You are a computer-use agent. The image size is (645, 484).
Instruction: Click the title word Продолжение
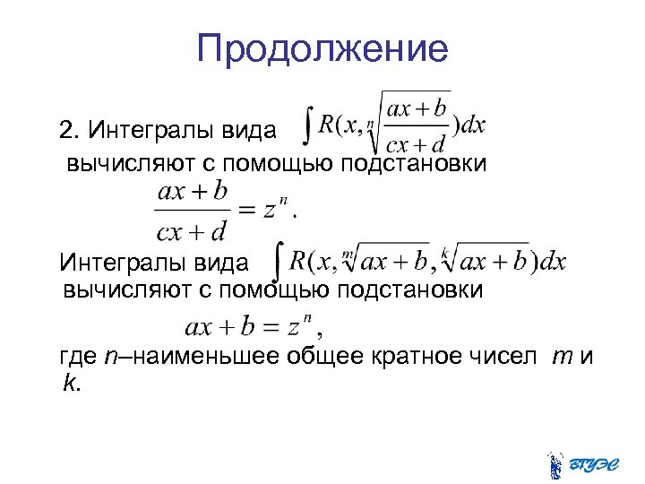pyautogui.click(x=322, y=48)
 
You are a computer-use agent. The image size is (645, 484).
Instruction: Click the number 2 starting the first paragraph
pyautogui.click(x=66, y=132)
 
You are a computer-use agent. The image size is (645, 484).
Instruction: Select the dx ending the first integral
pyautogui.click(x=472, y=125)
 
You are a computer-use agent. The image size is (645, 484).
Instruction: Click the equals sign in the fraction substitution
pyautogui.click(x=248, y=209)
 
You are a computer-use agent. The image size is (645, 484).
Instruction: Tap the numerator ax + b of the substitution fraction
pyautogui.click(x=192, y=191)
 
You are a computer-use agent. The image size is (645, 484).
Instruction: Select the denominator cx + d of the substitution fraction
pyautogui.click(x=192, y=231)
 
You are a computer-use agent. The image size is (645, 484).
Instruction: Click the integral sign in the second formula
pyautogui.click(x=279, y=260)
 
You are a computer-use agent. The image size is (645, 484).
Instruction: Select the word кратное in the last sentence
pyautogui.click(x=419, y=358)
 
